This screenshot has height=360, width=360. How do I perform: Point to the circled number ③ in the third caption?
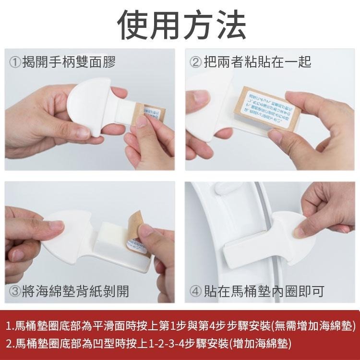15,290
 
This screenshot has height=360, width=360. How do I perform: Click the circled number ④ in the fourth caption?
196,290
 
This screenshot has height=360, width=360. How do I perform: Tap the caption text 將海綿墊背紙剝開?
75,290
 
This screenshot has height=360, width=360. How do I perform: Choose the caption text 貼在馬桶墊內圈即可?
264,290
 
